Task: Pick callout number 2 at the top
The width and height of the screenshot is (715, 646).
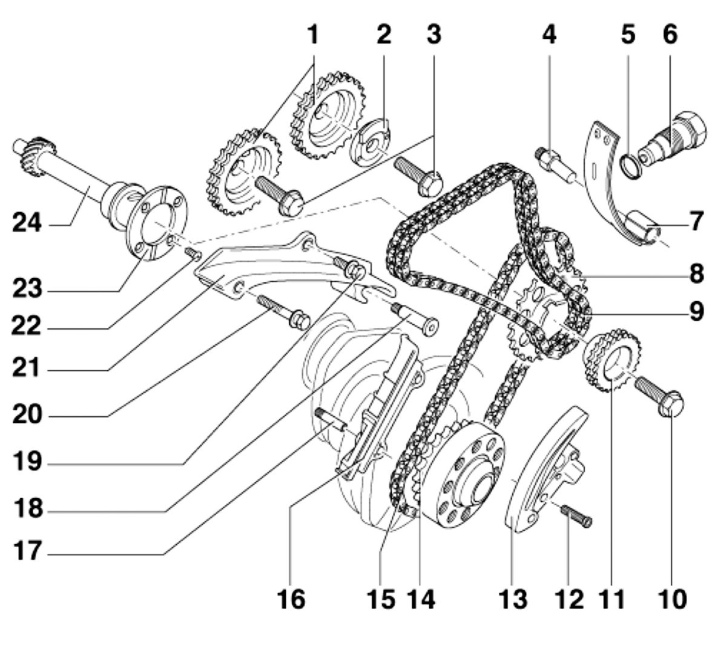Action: (383, 35)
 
